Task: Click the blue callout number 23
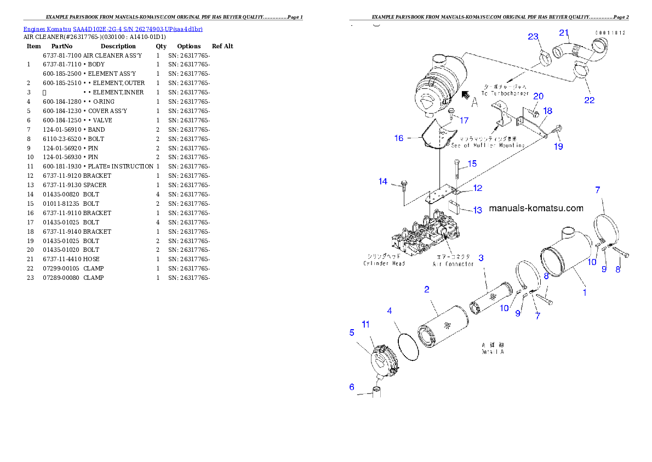(x=533, y=37)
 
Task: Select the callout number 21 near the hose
(x=564, y=32)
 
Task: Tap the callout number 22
(x=589, y=100)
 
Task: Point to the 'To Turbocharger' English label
(x=505, y=94)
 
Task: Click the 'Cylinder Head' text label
(x=384, y=263)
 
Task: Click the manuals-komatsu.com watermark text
(x=535, y=209)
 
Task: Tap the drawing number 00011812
(x=610, y=33)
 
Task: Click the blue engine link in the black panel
(x=113, y=29)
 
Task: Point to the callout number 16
(x=398, y=138)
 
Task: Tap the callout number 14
(x=382, y=182)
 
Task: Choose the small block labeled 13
(x=454, y=207)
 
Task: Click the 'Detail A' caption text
(x=492, y=348)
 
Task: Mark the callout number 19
(x=558, y=147)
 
